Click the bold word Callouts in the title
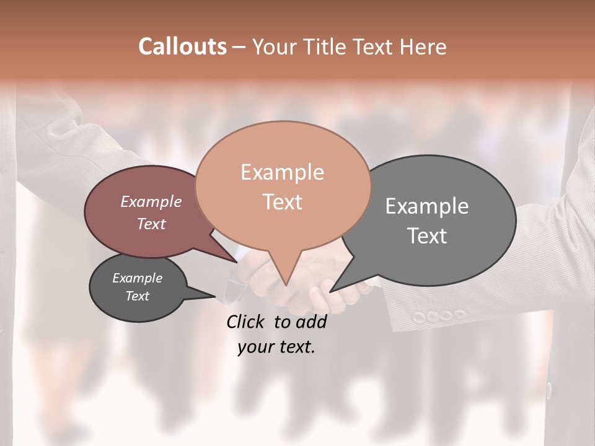pos(182,46)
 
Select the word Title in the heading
pos(327,46)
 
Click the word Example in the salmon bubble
pos(282,172)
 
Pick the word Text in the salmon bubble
pos(283,202)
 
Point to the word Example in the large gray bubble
pos(427,206)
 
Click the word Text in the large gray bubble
pos(427,236)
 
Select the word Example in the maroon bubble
pos(151,201)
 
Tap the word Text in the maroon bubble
pos(151,224)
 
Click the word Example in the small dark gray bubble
pos(138,278)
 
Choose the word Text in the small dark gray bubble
pos(138,296)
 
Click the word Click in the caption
pos(245,321)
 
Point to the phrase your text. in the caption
pos(276,348)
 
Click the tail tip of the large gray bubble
pos(331,291)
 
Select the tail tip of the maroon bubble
pos(237,262)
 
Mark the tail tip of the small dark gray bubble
pos(215,296)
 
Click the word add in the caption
pos(311,321)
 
